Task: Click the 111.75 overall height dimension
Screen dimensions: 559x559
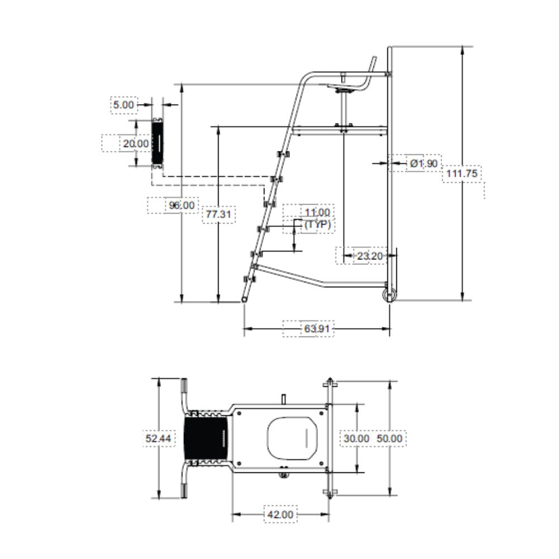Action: click(462, 174)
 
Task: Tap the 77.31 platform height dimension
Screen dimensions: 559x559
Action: click(219, 214)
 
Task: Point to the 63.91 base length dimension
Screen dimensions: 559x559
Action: click(317, 328)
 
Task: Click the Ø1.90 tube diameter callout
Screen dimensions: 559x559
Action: click(424, 164)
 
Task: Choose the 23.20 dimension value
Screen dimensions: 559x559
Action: click(369, 256)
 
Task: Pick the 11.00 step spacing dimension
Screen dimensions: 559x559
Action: click(318, 212)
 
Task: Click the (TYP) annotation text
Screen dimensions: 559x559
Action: click(318, 225)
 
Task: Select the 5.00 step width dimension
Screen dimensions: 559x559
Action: click(124, 105)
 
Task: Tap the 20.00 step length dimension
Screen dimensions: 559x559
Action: click(136, 144)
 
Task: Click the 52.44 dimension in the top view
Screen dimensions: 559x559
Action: click(158, 438)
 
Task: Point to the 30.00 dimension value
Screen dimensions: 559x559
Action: click(357, 438)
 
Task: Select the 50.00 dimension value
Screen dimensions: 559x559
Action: click(389, 438)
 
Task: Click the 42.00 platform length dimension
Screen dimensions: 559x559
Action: click(280, 514)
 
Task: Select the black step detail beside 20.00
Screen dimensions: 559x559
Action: click(158, 143)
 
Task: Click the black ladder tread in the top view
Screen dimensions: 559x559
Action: click(206, 438)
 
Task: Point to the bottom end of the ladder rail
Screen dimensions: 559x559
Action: click(245, 300)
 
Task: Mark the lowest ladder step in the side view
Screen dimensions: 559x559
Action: click(249, 279)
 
